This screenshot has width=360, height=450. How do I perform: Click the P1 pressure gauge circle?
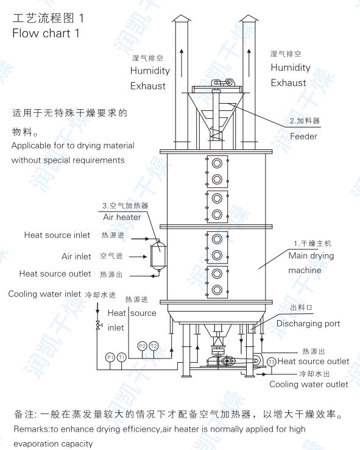(x=110, y=357)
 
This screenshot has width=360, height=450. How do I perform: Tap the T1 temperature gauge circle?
(x=122, y=357)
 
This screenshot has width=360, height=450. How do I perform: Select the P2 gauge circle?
(x=142, y=346)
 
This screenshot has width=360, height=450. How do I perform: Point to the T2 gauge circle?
(x=154, y=346)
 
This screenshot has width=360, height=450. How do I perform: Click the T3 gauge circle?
(x=272, y=362)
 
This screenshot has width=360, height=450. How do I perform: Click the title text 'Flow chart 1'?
(x=46, y=34)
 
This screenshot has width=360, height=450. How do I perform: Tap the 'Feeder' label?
(x=303, y=136)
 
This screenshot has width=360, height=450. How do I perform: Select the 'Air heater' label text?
(x=122, y=217)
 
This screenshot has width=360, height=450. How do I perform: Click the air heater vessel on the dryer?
(x=158, y=255)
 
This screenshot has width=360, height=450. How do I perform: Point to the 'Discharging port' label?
(x=308, y=323)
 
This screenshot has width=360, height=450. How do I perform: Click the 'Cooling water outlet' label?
(x=309, y=384)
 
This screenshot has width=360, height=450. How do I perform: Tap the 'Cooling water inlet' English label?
(x=44, y=294)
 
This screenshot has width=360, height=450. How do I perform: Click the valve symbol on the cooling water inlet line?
(x=98, y=325)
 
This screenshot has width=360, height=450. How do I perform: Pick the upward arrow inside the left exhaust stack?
(x=182, y=63)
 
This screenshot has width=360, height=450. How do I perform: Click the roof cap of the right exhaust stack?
(x=249, y=19)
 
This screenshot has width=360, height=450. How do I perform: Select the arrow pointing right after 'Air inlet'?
(x=138, y=257)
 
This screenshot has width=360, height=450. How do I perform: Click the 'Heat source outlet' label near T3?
(x=313, y=361)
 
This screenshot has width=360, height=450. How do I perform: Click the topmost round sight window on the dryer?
(x=217, y=163)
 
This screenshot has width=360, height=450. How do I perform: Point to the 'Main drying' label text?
(x=311, y=255)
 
